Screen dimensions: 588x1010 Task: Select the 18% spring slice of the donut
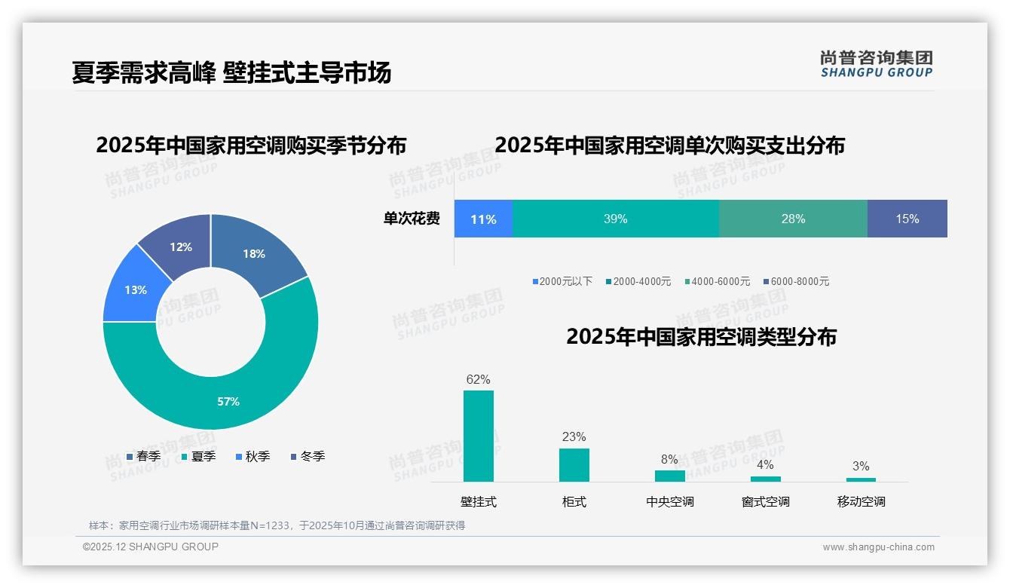tap(254, 254)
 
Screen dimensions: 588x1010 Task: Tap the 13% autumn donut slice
tap(136, 289)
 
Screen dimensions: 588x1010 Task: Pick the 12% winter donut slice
tap(180, 247)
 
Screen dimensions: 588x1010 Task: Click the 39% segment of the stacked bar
tap(615, 219)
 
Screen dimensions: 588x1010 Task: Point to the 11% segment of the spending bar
tap(483, 219)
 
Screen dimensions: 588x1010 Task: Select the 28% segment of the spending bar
tap(793, 219)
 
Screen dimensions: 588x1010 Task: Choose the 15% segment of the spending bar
tap(907, 219)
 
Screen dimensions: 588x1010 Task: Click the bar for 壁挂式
tap(479, 436)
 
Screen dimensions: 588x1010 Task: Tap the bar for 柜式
tap(574, 464)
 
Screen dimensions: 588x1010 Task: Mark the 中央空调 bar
tap(669, 476)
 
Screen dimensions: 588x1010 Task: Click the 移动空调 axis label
tap(861, 501)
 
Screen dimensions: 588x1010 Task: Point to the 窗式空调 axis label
tap(765, 501)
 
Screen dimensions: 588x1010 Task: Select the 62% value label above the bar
tap(478, 379)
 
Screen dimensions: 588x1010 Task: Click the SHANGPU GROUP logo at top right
tap(876, 64)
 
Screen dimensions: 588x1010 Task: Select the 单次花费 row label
tap(412, 219)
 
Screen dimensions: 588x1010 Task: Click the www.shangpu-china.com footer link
tap(878, 547)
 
